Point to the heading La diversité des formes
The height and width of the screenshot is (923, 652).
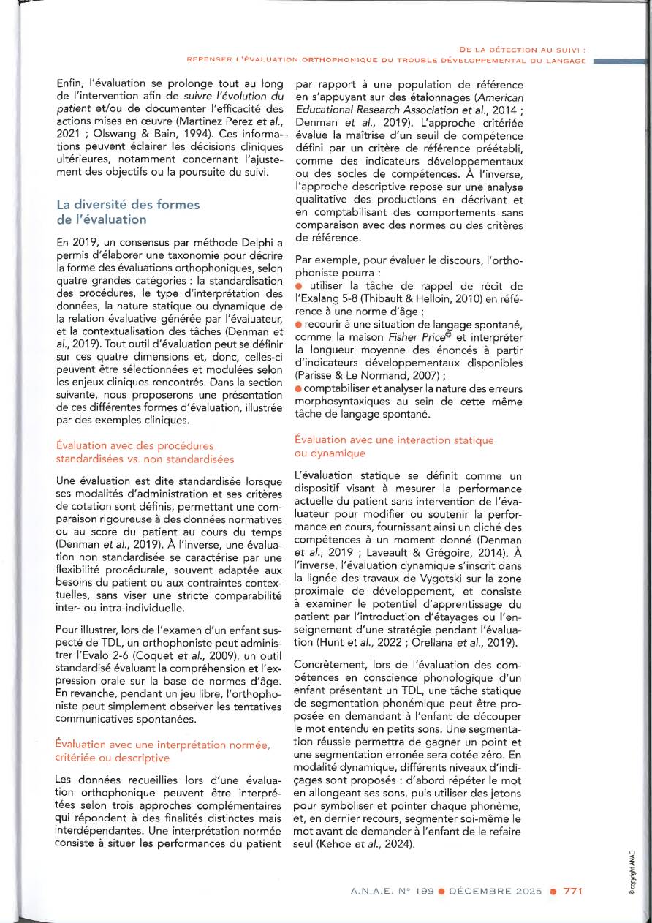point(128,205)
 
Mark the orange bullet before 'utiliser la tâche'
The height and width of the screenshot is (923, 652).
point(299,284)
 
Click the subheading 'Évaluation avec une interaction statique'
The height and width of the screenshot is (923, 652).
point(393,440)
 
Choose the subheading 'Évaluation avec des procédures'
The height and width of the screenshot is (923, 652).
point(134,445)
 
